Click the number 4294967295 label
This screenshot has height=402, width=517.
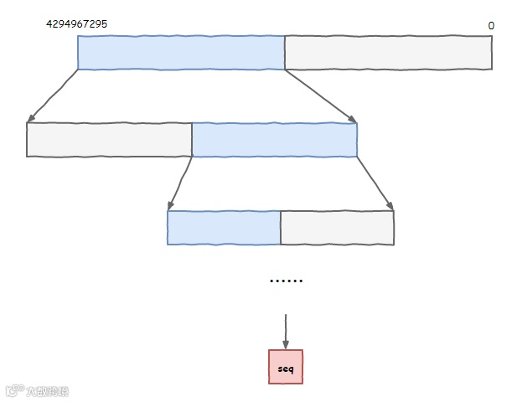(76, 24)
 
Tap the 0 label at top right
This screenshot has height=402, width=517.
(491, 26)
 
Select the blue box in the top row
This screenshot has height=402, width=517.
(181, 53)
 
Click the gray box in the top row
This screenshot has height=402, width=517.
(388, 53)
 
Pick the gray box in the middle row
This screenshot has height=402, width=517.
(109, 140)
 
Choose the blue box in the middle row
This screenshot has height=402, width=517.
(274, 140)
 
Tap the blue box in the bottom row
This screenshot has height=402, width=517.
(224, 228)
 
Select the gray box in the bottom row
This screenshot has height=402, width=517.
(337, 228)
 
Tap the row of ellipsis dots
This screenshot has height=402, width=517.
(286, 281)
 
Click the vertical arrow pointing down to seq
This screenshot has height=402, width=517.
(286, 332)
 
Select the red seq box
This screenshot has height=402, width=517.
(286, 367)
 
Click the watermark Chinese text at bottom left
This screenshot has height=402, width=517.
(47, 391)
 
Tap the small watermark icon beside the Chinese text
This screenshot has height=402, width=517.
(14, 391)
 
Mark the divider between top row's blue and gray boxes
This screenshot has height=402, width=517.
(285, 53)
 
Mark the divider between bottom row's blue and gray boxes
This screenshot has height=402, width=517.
(280, 228)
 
